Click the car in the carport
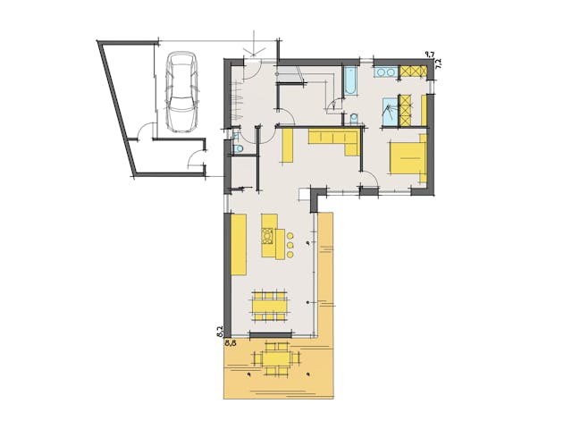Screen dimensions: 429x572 (181, 92)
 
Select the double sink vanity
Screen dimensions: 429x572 (386, 71)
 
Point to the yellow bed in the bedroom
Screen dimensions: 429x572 (407, 157)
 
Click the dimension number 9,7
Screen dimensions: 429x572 (429, 55)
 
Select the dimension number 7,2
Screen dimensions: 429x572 (438, 65)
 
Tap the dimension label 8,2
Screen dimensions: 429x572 (220, 331)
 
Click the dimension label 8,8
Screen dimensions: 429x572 (230, 341)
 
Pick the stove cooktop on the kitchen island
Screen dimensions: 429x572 (267, 237)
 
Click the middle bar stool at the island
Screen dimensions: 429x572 (290, 244)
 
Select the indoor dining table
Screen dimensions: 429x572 (269, 305)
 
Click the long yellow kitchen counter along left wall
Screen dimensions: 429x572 (239, 245)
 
